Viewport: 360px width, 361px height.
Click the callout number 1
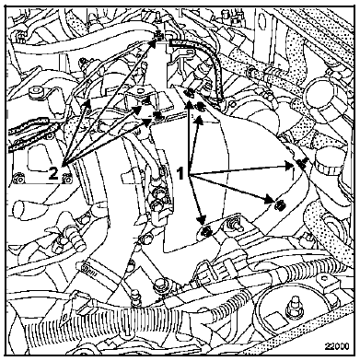(x=181, y=173)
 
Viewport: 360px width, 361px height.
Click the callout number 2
(x=53, y=174)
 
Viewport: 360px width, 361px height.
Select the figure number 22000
(x=337, y=346)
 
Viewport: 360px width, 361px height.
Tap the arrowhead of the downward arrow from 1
(x=201, y=219)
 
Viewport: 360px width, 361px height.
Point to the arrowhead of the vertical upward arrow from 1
(x=189, y=105)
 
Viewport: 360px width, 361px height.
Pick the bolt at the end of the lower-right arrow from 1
(x=280, y=204)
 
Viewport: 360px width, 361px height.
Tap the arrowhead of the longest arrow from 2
(x=152, y=44)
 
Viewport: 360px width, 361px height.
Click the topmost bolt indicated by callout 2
(x=158, y=37)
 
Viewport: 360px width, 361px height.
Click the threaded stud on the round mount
(x=294, y=306)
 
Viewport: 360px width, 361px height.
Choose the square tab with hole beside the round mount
(x=323, y=280)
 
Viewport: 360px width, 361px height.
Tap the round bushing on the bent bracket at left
(x=36, y=92)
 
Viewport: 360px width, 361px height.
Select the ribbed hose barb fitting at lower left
(x=75, y=238)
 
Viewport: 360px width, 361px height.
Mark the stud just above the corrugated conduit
(x=135, y=298)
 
